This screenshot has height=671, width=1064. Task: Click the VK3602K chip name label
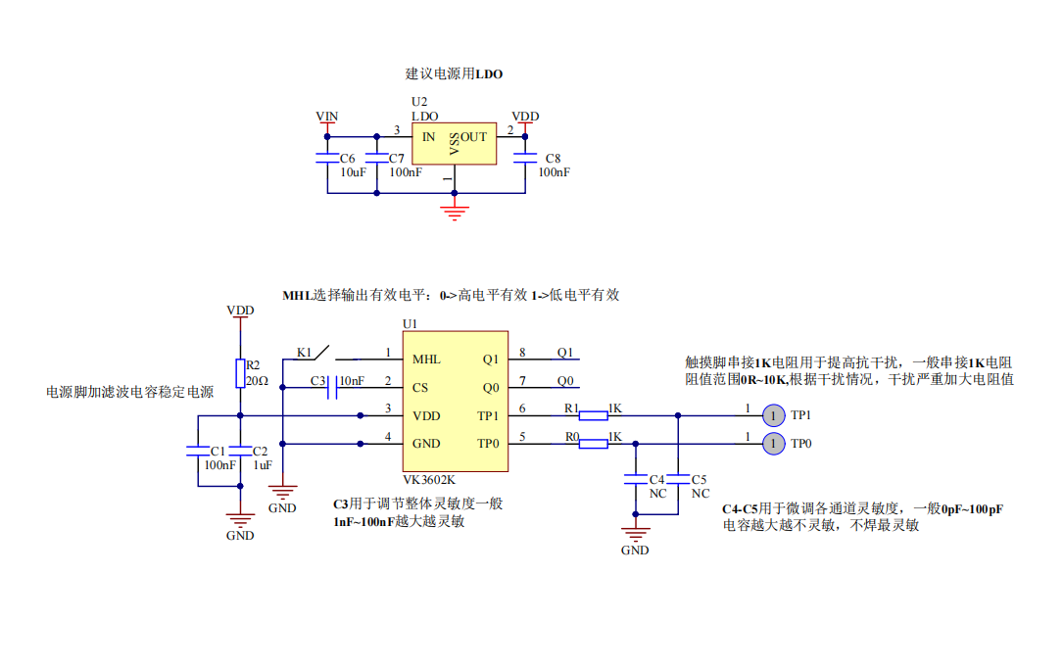[429, 481]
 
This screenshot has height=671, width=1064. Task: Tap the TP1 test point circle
[773, 415]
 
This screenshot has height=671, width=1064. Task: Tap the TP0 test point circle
[773, 444]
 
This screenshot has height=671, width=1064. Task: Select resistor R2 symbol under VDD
[240, 373]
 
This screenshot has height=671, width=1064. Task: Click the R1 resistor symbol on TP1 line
[594, 415]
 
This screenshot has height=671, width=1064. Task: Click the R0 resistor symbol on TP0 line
[594, 444]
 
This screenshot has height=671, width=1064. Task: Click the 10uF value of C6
[354, 172]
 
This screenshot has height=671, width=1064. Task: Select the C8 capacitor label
[554, 158]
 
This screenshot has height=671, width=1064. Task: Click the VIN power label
[327, 117]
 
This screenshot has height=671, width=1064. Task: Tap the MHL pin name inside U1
[426, 359]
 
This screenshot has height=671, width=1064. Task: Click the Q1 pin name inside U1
[490, 359]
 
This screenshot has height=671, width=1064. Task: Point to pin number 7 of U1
[522, 380]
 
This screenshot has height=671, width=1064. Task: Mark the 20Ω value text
[257, 380]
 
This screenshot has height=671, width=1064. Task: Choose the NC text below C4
[658, 494]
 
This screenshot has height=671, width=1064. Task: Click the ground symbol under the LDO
[453, 212]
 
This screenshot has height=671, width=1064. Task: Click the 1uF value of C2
[262, 465]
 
